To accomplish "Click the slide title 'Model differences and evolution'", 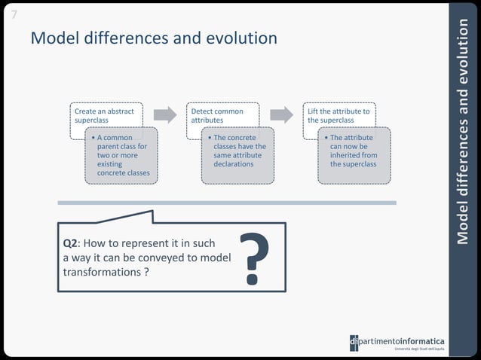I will pyautogui.click(x=154, y=38).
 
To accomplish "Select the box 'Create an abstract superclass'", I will pyautogui.click(x=105, y=114).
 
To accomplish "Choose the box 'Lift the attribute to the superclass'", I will pyautogui.click(x=339, y=114).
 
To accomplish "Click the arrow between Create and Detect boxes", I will pyautogui.click(x=164, y=114).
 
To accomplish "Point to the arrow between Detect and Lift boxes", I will pyautogui.click(x=281, y=114).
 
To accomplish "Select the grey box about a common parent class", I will pyautogui.click(x=121, y=156).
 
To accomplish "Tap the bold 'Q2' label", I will pyautogui.click(x=70, y=244).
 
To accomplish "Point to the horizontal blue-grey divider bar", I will pyautogui.click(x=226, y=203).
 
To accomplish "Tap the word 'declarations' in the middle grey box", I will pyautogui.click(x=234, y=164).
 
